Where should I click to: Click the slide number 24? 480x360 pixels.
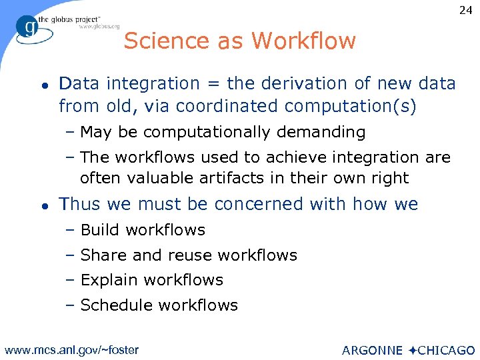tap(465, 10)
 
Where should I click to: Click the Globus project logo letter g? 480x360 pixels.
tap(29, 27)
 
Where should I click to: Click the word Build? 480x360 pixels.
tap(101, 230)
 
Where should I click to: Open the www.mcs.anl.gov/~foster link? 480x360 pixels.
tap(71, 349)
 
